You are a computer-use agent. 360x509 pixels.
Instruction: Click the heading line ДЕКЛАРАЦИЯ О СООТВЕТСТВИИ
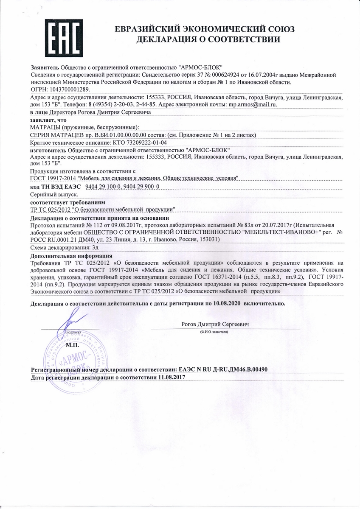[x=208, y=40]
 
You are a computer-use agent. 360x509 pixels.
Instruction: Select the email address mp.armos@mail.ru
[x=253, y=104]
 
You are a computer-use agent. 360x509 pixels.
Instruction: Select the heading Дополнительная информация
[x=72, y=256]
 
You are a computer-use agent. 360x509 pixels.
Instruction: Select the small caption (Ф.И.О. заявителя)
[x=214, y=333]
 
